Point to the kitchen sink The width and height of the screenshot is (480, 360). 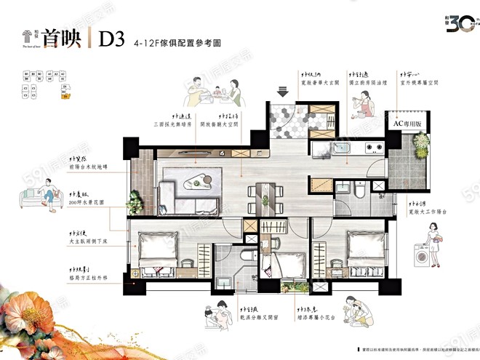point(341,149)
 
